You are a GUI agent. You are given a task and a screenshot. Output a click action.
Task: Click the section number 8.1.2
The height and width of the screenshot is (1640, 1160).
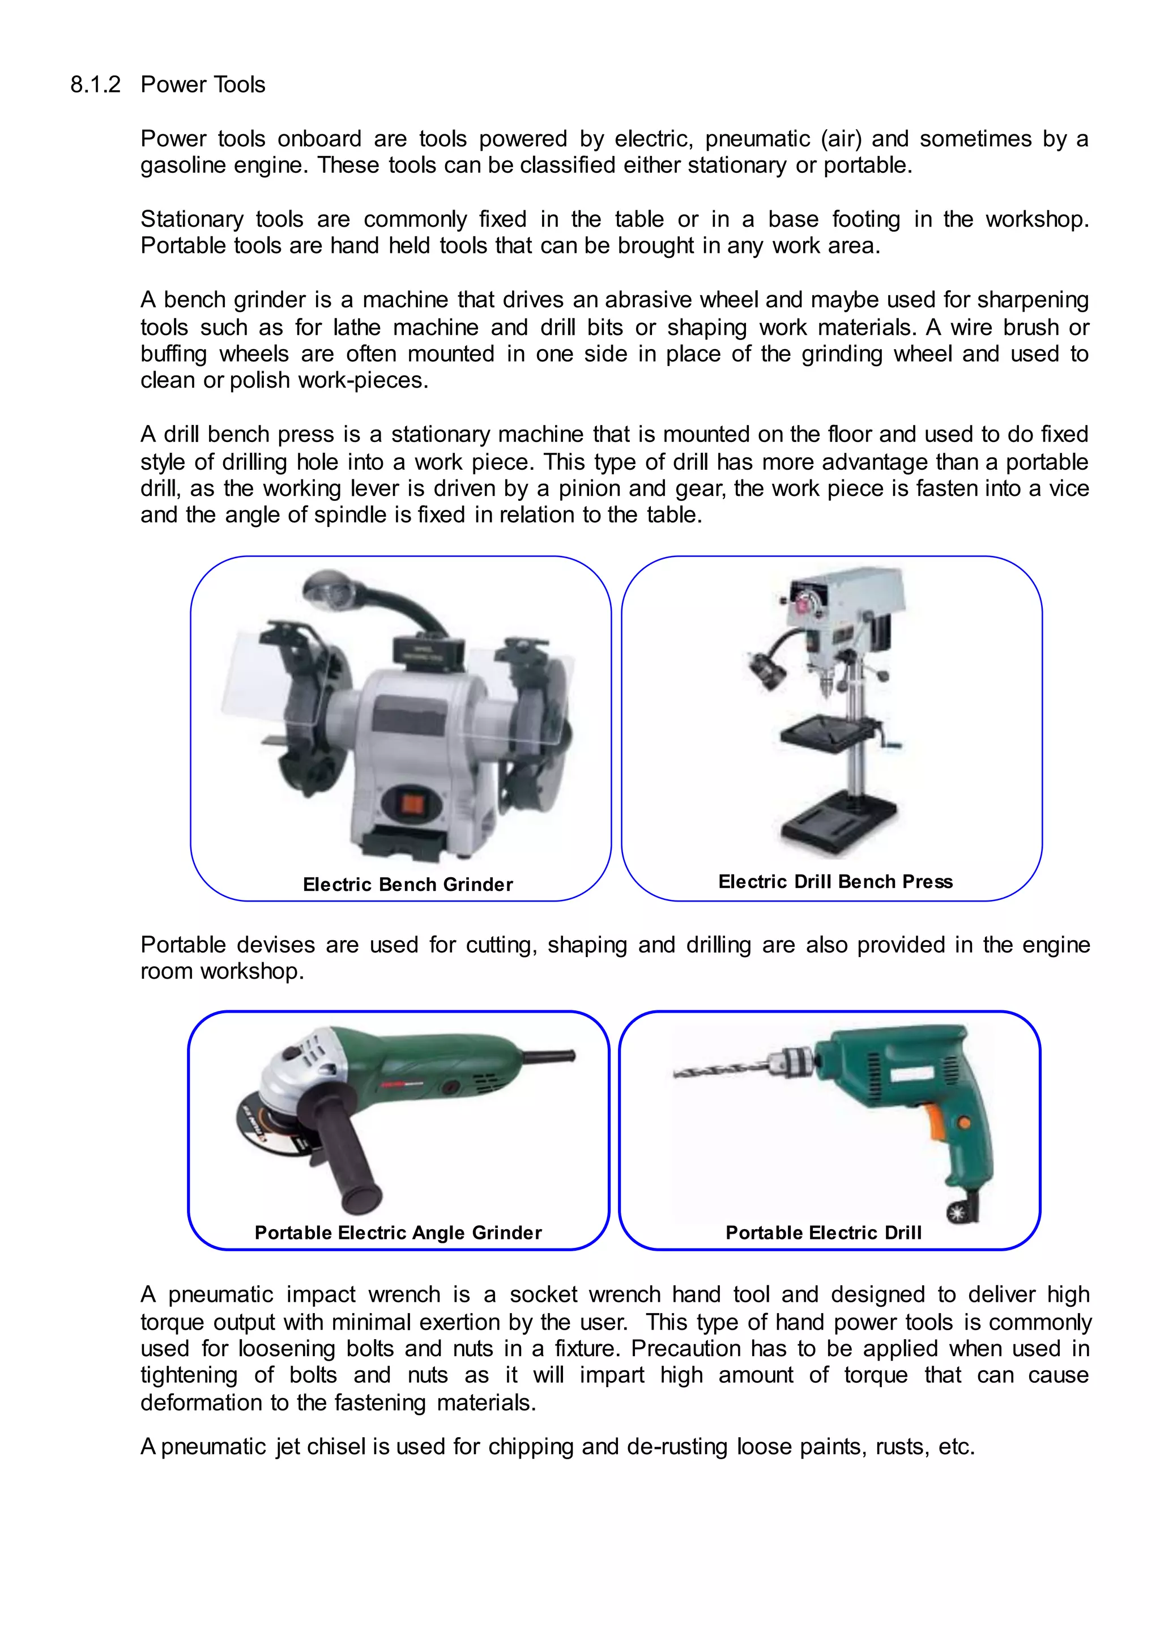95,85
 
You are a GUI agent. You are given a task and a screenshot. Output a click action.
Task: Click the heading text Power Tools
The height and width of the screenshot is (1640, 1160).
203,85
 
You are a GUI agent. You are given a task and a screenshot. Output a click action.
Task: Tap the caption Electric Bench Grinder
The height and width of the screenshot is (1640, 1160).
407,885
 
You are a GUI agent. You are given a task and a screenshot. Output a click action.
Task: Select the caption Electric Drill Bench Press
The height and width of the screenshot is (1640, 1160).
835,882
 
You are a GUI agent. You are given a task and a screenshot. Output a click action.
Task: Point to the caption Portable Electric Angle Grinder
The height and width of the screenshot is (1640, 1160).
398,1233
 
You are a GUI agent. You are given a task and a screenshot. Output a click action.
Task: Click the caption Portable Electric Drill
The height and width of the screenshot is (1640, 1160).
823,1233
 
